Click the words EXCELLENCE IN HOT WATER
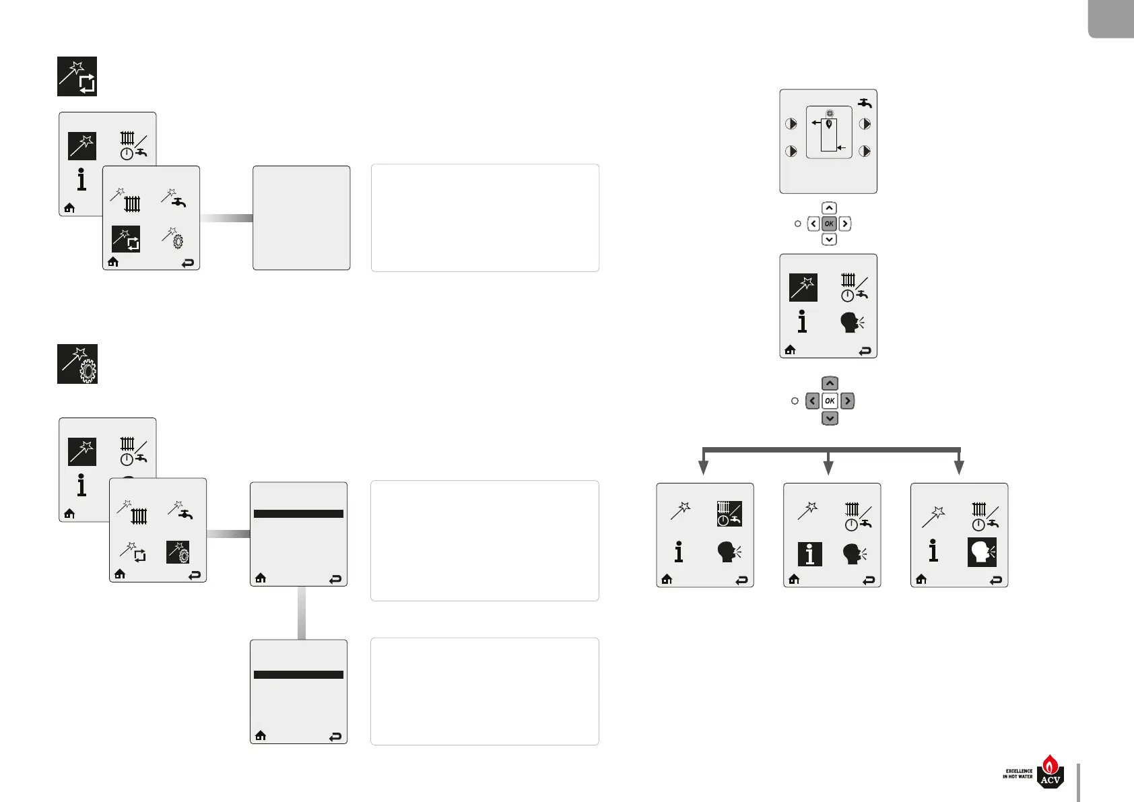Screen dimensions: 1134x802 pos(1018,774)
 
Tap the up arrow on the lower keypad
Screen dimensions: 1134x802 pos(830,383)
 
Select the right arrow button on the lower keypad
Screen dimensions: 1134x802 pos(847,401)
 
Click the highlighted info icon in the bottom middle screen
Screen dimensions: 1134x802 pos(809,554)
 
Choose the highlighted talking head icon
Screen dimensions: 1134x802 pos(982,552)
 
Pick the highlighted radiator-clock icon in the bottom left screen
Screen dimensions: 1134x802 pos(729,513)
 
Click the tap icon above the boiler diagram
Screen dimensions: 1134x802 pos(865,103)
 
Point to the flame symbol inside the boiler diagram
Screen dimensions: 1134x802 pos(829,123)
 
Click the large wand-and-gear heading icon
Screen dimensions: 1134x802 pos(77,364)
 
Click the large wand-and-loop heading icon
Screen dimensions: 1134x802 pos(77,76)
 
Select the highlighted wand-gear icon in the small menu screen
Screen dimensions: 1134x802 pos(178,552)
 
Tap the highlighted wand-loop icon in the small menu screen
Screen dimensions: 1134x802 pos(126,239)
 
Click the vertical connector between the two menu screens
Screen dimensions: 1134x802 pos(301,612)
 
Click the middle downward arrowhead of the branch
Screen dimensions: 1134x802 pos(829,467)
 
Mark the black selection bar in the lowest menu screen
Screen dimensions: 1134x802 pos(298,674)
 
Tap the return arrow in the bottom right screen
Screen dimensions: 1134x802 pos(996,580)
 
